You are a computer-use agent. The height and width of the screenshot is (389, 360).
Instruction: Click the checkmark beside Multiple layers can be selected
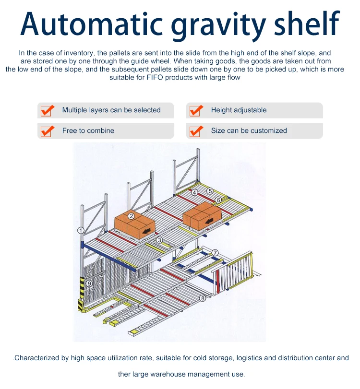(47, 110)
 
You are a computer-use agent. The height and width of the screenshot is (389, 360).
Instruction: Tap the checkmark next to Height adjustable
(195, 110)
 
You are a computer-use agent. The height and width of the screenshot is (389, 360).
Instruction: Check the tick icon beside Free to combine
(47, 130)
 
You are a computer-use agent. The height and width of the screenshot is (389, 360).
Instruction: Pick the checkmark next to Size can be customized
(195, 130)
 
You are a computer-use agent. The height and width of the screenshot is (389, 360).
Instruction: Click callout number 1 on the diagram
(81, 230)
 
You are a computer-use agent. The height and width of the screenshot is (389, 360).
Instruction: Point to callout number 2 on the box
(131, 216)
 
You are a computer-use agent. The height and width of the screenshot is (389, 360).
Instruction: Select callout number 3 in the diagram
(159, 240)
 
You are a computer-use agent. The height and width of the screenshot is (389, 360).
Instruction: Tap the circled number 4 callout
(194, 193)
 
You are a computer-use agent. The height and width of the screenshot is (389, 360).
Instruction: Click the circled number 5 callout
(210, 191)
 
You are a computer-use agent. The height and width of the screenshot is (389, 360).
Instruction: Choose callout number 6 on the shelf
(218, 200)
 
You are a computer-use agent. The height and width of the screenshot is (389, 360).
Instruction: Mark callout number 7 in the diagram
(215, 252)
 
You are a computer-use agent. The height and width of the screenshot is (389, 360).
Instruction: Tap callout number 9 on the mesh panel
(89, 283)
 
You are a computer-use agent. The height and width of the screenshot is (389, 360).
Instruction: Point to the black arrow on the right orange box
(210, 221)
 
